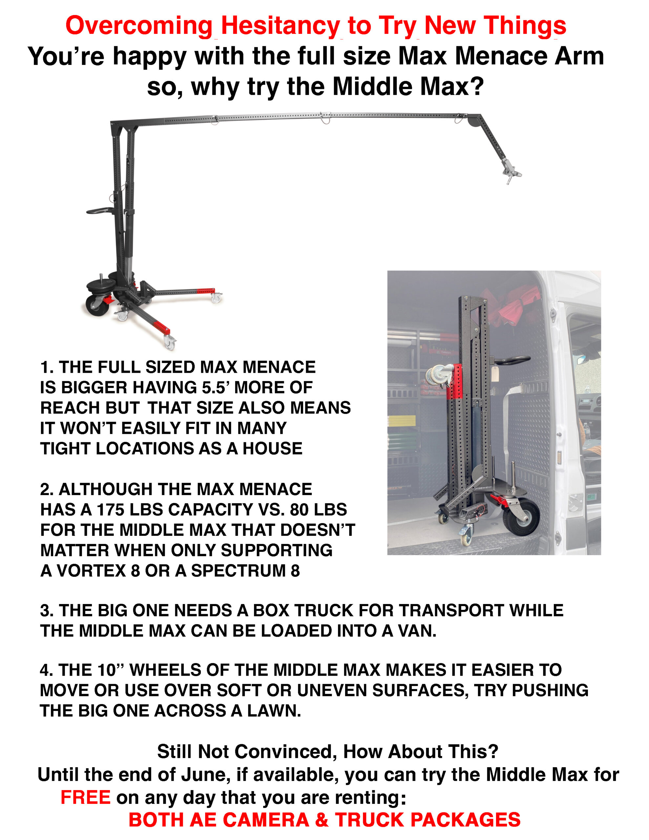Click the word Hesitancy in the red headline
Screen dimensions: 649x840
[281, 26]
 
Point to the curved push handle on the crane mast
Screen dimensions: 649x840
[101, 211]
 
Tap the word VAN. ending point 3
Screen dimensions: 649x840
[417, 631]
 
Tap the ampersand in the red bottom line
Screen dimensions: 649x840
[322, 820]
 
